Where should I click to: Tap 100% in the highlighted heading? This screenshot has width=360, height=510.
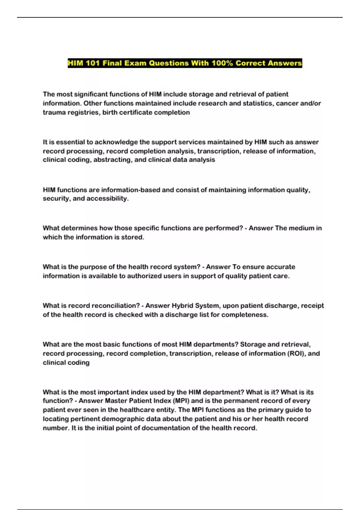pos(222,63)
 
